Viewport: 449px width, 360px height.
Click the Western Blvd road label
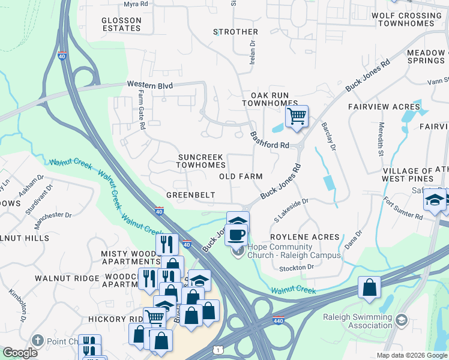point(149,86)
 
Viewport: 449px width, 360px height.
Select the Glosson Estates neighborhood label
point(121,24)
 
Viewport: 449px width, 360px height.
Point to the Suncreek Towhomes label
point(202,161)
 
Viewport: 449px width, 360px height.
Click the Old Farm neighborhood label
point(241,176)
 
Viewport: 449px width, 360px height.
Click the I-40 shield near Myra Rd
point(62,56)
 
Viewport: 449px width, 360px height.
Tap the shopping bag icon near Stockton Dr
point(369,287)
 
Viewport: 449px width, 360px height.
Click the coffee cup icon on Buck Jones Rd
point(237,235)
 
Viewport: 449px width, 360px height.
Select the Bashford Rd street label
point(270,140)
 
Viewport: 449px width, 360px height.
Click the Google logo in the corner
point(20,353)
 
